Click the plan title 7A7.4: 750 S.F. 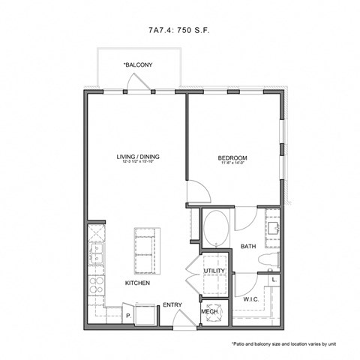tap(180, 31)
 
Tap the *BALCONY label tap(138, 65)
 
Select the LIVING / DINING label tap(138, 157)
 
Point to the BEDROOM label tap(232, 157)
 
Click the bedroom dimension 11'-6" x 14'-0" tap(232, 164)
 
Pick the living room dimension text tap(138, 163)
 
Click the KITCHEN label tap(137, 283)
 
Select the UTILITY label tap(214, 270)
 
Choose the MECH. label tap(209, 310)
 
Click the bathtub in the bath tap(217, 229)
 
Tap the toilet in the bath tap(268, 259)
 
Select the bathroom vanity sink tap(271, 226)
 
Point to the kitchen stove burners tap(97, 285)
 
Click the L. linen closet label tap(274, 279)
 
